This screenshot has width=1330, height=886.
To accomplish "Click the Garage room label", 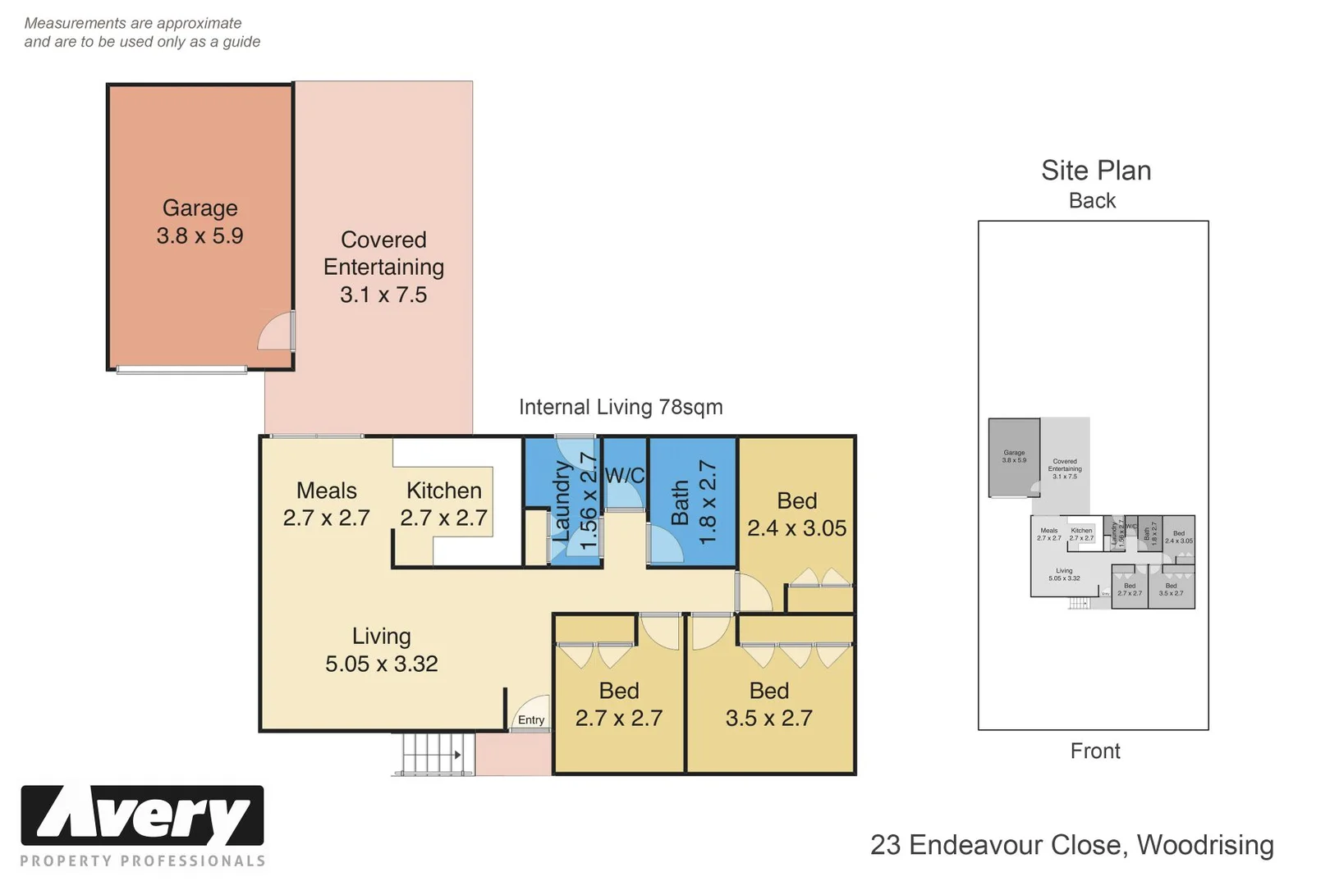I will click(199, 208).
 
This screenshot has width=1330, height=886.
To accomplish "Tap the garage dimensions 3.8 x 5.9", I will click(199, 236).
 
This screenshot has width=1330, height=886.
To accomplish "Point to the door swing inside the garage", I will click(277, 331).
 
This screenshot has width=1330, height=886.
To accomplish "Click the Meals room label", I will click(326, 491).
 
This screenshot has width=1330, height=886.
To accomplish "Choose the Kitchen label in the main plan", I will click(443, 491).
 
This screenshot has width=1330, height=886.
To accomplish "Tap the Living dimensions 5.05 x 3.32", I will click(381, 664).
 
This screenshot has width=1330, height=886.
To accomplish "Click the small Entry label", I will click(531, 720).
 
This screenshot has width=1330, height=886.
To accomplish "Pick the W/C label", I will click(624, 476).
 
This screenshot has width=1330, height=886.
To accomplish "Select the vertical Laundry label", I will click(562, 501).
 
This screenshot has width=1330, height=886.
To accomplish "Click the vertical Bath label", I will click(680, 502).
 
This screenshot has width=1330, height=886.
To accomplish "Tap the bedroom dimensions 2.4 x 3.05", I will click(796, 528).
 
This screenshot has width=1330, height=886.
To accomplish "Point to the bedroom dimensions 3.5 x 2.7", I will click(768, 719).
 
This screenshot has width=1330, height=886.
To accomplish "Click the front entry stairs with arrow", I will click(433, 753).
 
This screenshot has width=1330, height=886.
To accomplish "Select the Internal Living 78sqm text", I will click(621, 407).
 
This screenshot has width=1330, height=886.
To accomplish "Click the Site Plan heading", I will click(1095, 171).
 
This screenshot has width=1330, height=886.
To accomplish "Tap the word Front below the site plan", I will click(1094, 751).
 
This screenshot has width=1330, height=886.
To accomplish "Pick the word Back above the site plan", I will click(1092, 201).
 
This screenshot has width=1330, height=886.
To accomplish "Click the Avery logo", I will click(142, 815).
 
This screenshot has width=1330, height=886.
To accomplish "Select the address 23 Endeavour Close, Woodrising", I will click(1071, 845).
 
